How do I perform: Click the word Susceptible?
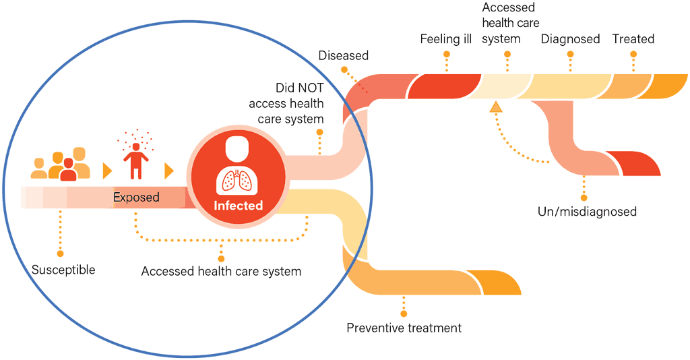63,270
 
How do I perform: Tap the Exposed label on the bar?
136,198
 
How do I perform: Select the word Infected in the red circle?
238,206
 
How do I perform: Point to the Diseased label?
343,55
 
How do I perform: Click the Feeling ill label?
445,39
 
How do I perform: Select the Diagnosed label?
570,39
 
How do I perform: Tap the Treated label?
633,39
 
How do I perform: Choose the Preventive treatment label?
404,328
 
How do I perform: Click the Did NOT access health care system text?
286,104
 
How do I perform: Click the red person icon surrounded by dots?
137,156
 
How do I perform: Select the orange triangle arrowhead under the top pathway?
496,106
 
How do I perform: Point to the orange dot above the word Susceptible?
60,254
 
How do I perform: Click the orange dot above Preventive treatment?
404,313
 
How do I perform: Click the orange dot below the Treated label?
633,69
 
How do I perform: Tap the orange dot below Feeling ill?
446,69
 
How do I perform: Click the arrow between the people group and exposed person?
106,170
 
